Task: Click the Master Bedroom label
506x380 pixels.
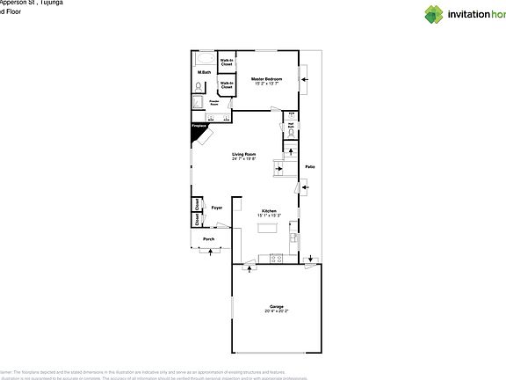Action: click(x=266, y=80)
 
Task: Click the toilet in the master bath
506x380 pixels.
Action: click(x=200, y=86)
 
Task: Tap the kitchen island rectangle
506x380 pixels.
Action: click(x=268, y=228)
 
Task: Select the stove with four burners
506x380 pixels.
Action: click(x=277, y=258)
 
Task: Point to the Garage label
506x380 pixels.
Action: click(x=277, y=307)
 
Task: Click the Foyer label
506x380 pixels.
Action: click(x=216, y=208)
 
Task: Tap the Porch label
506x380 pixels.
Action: click(x=208, y=238)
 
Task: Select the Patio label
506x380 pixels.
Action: click(x=309, y=166)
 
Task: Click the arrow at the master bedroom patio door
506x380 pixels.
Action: click(x=304, y=80)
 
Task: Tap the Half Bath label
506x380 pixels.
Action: click(x=290, y=125)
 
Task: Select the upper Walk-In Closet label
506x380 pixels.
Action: click(x=227, y=62)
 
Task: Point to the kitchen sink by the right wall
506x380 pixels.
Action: click(x=294, y=236)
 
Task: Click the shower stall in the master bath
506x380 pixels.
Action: click(x=199, y=103)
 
